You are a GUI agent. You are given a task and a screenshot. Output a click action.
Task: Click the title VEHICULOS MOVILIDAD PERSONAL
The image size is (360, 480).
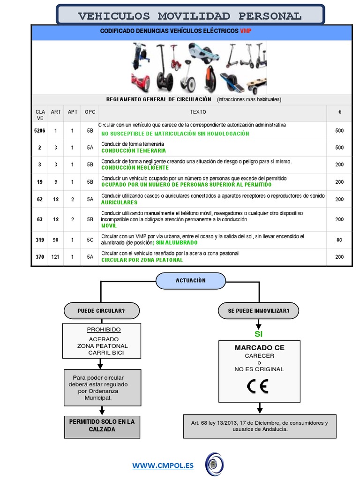coord(190,16)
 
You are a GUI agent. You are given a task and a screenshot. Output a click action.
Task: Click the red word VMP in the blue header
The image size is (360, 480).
coord(246,30)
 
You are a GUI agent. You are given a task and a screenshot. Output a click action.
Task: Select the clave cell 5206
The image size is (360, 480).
coord(40,131)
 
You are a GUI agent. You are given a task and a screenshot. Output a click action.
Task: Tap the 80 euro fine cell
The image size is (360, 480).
coord(339,240)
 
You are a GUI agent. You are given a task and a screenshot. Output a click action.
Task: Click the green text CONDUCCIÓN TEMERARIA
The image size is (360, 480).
coord(134,151)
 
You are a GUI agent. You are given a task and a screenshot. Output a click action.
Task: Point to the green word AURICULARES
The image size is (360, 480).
coord(120,202)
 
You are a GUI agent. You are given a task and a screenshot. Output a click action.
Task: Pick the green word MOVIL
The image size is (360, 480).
coord(109,225)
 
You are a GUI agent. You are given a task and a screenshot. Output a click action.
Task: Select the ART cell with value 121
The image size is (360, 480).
coord(56,257)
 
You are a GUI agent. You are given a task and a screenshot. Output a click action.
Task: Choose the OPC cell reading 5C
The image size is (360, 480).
coord(90,240)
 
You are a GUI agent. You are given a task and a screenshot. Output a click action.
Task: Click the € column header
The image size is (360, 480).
coord(339,112)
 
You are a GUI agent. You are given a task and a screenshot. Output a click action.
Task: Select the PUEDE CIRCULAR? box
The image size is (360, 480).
coord(101,310)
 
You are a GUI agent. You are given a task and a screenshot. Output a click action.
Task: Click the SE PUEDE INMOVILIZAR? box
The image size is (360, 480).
coord(258,310)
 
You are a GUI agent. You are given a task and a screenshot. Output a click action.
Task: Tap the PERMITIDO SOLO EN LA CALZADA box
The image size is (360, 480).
coord(102,426)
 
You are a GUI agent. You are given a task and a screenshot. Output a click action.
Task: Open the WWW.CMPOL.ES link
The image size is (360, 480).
coord(163,465)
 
